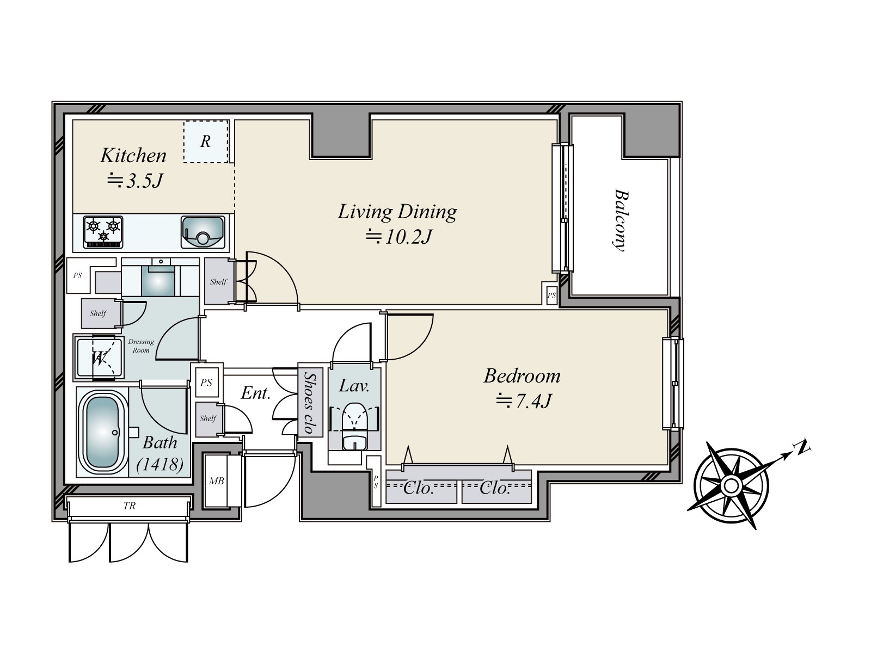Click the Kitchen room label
[133, 156]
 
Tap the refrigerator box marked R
[206, 141]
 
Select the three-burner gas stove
[103, 232]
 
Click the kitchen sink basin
[203, 232]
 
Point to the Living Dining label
[397, 212]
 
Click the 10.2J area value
[398, 237]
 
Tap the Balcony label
[620, 220]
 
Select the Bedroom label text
[522, 376]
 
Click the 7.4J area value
[523, 401]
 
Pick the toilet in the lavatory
[354, 426]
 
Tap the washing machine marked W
[99, 357]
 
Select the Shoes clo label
[310, 403]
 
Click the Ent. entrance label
[256, 393]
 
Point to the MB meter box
[217, 481]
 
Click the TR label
[130, 506]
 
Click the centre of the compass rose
[731, 485]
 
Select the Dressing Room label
[141, 346]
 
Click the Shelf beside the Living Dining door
[218, 281]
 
